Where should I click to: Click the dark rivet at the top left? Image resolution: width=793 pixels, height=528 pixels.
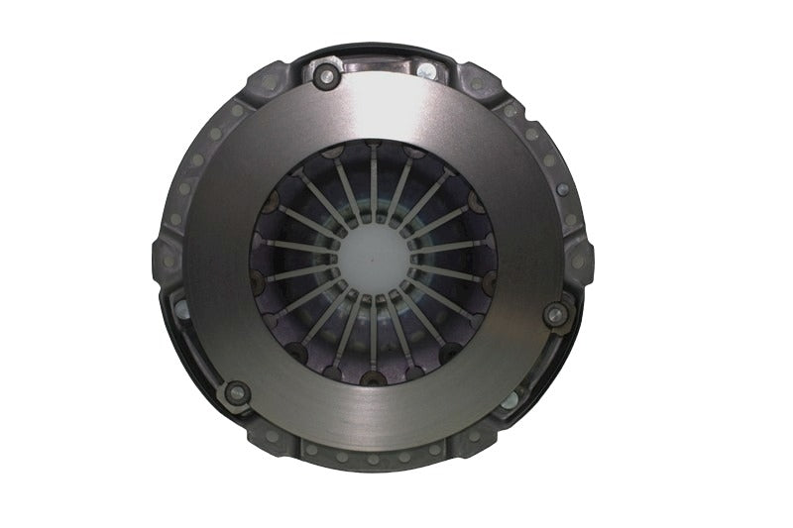[324, 73]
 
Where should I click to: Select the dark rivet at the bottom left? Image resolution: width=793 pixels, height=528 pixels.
[236, 392]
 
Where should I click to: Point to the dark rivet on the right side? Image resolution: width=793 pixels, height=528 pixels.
[556, 315]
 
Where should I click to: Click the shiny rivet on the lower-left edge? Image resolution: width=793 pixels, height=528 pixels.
[182, 308]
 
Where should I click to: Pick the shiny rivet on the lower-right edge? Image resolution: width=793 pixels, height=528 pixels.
[510, 400]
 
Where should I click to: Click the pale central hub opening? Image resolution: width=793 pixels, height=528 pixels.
[374, 259]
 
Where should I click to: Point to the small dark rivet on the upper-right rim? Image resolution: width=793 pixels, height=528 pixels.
[561, 189]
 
